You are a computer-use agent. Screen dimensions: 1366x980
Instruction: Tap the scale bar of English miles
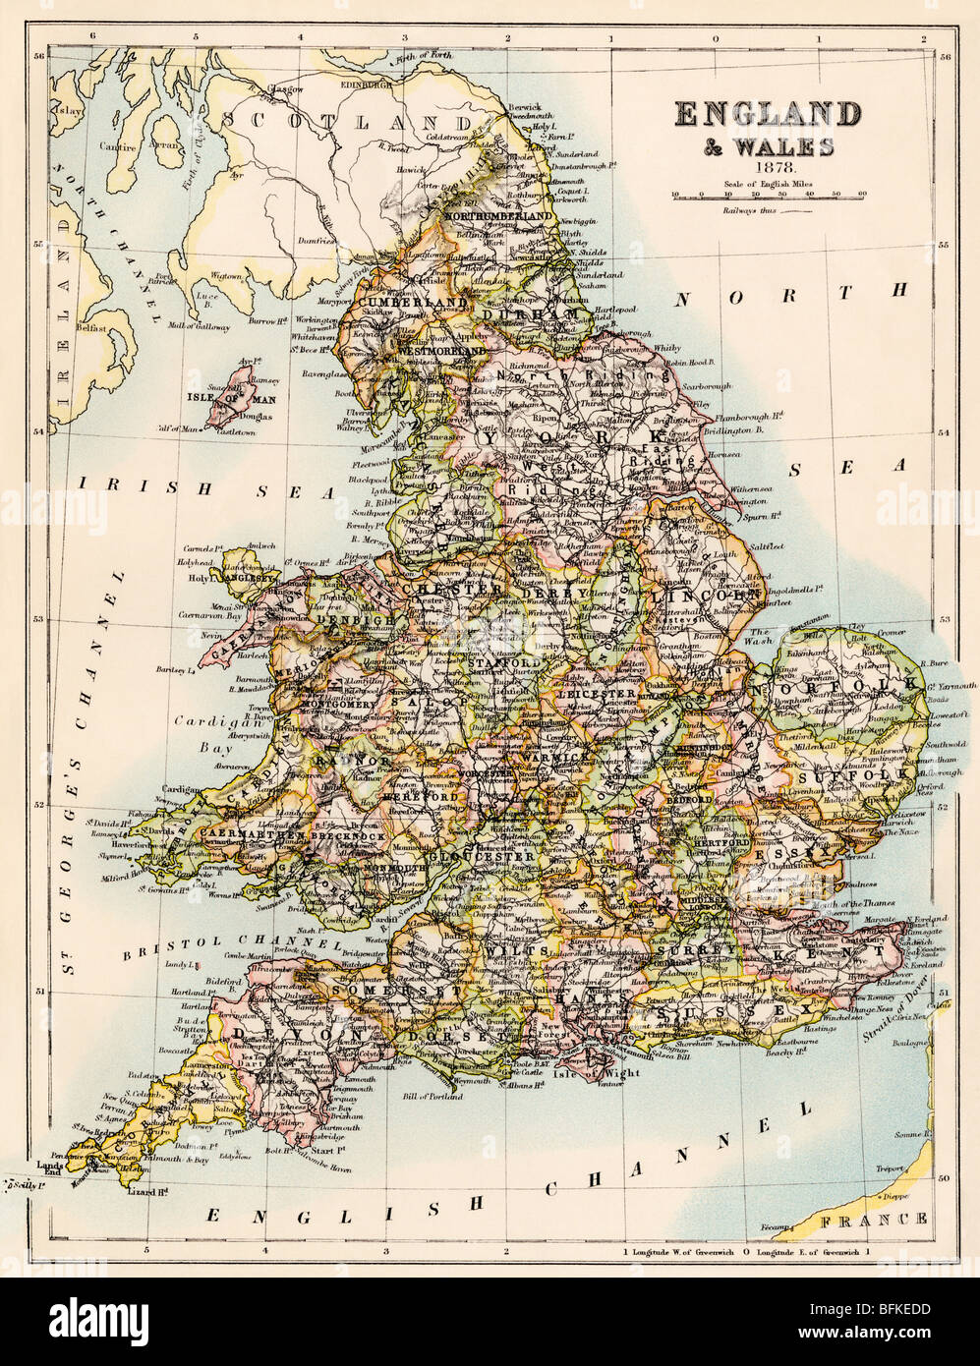768,196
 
